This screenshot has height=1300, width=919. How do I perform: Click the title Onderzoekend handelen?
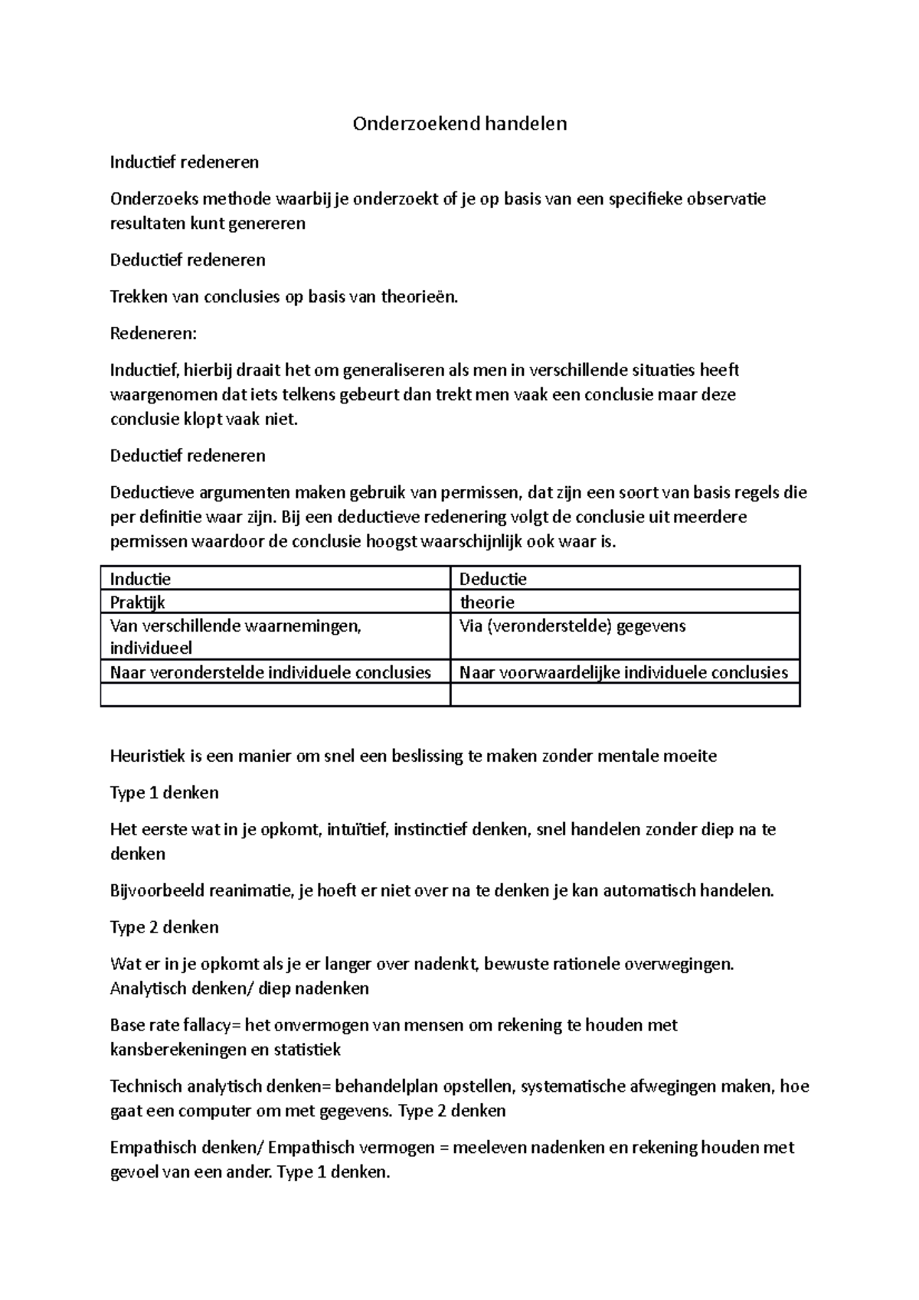459,123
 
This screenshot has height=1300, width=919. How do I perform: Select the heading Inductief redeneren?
185,162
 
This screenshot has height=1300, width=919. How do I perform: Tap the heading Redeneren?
153,334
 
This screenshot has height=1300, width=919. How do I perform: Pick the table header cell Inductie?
141,579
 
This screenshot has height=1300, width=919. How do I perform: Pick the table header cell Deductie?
492,579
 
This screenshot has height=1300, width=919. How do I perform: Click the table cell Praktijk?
138,602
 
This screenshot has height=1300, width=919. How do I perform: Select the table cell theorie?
486,602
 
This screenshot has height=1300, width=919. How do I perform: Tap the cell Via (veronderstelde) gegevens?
572,626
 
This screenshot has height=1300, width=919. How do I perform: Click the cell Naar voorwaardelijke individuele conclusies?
623,672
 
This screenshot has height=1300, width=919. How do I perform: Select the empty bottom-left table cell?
275,694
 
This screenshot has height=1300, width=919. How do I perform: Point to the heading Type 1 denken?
165,793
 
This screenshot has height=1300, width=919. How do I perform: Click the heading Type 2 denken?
165,927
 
